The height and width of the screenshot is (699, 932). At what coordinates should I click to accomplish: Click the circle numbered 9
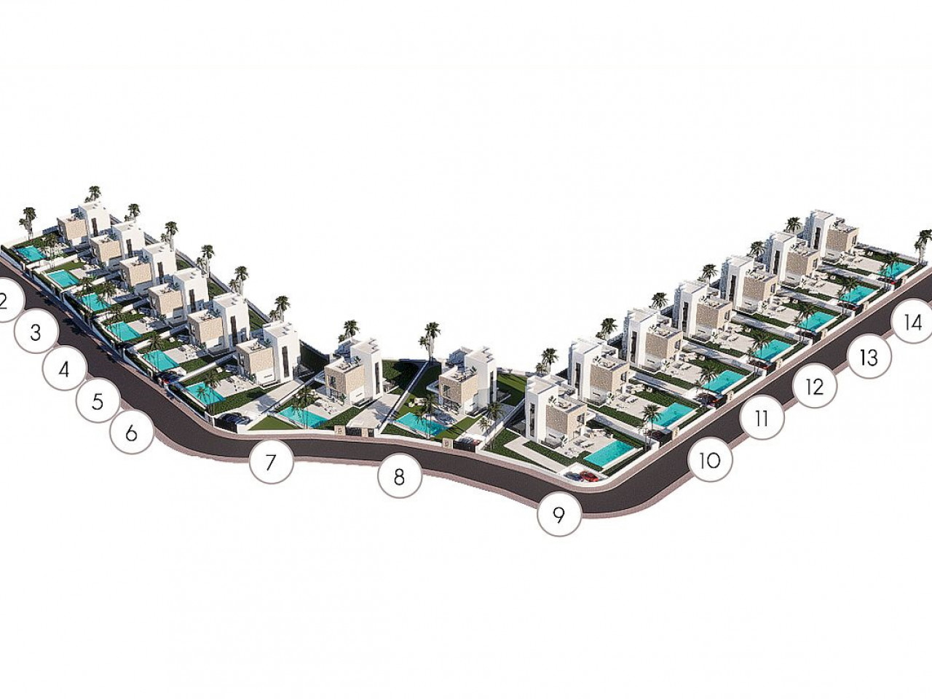coord(558,515)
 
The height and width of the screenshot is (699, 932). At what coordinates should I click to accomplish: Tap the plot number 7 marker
coord(272,462)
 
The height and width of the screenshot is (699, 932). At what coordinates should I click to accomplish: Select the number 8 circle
coord(400,477)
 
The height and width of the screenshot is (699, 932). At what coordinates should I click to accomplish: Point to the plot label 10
coord(711,460)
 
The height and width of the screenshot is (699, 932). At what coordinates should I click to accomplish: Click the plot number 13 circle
coord(869,357)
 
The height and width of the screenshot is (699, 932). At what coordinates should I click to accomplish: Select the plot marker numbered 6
coord(132,433)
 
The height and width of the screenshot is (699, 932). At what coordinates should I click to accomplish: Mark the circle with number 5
coord(98,401)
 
